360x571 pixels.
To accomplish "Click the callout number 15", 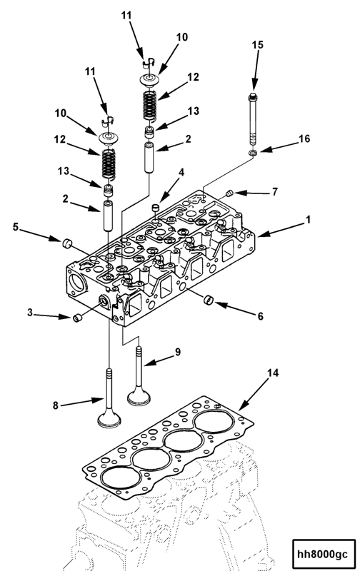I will (257, 45).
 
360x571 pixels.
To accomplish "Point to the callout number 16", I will (304, 139).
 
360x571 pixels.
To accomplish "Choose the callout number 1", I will (309, 221).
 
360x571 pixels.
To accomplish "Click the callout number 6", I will (260, 315).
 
